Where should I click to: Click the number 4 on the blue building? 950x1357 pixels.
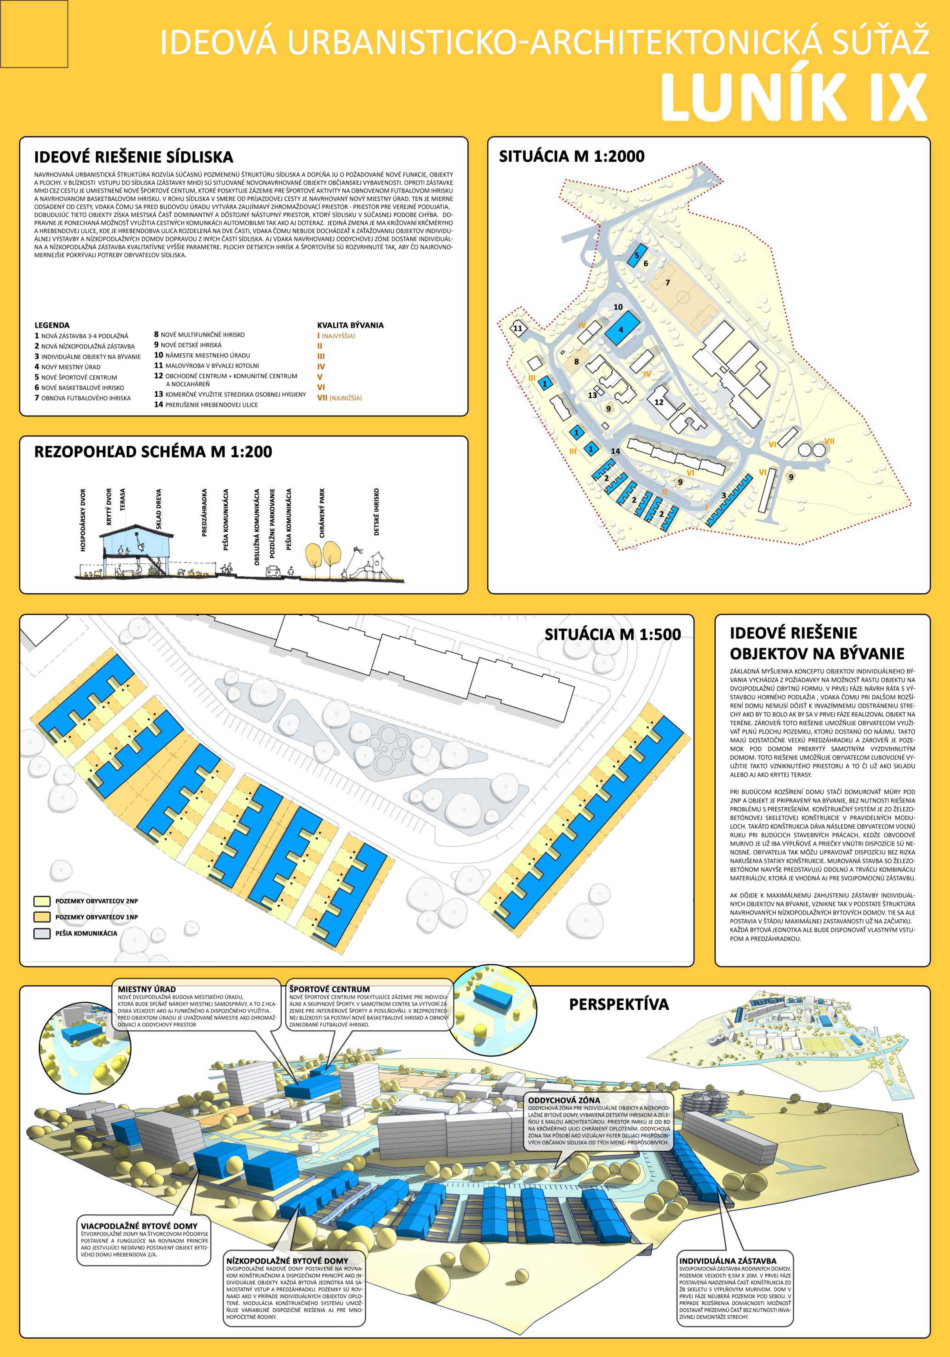coord(621,330)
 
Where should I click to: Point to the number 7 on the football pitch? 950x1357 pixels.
coord(668,283)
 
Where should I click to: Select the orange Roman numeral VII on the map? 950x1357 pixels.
coord(829,441)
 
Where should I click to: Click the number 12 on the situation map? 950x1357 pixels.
coord(659,402)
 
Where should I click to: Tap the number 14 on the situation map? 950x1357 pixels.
coord(615,451)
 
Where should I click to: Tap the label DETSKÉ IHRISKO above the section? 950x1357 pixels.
coord(377,512)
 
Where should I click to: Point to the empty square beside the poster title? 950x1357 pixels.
coord(34,34)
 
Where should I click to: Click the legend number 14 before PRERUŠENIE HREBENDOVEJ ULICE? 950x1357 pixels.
coord(158,404)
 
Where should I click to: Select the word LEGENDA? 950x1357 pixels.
coord(52,325)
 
